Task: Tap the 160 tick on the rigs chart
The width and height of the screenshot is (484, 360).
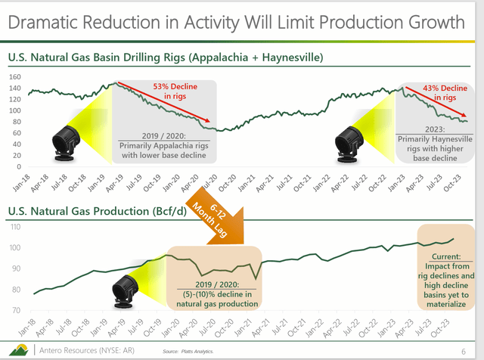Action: pyautogui.click(x=14, y=77)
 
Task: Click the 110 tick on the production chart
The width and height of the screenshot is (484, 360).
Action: pyautogui.click(x=14, y=227)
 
